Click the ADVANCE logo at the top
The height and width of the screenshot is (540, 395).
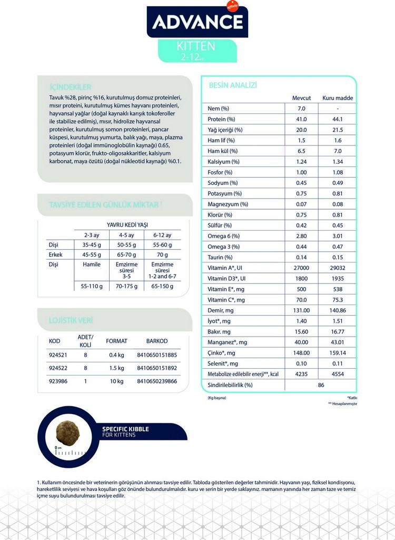point(197,22)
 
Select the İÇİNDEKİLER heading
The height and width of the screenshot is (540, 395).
point(70,87)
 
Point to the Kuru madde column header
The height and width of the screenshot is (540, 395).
point(338,98)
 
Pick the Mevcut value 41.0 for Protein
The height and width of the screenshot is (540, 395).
point(301,119)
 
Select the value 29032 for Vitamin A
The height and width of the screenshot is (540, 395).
point(338,268)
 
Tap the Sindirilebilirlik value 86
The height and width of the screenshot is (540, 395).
point(321,385)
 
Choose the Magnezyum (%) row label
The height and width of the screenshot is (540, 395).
point(228,204)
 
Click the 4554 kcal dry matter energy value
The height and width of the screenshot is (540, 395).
point(338,374)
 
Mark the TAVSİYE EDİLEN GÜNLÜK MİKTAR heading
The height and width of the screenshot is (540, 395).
point(105,204)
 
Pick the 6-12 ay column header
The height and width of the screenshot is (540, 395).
point(162,235)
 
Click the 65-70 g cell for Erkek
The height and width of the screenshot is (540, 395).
point(126,254)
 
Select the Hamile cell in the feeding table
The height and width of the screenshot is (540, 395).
point(92,264)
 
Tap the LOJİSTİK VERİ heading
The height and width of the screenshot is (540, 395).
point(71,320)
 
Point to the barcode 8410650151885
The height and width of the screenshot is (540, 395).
point(156,355)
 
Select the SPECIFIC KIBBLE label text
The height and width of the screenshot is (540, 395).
point(125,429)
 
